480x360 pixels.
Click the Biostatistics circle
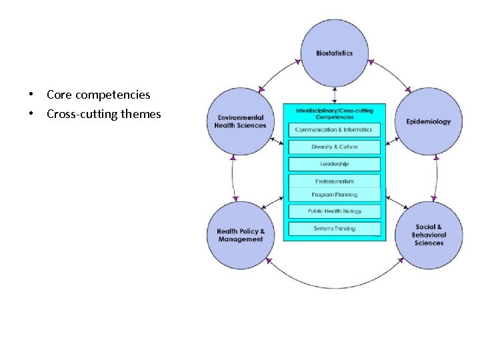[335, 53]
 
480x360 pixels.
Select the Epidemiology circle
[429, 121]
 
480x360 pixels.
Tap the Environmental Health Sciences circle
[241, 121]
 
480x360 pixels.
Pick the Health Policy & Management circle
[241, 235]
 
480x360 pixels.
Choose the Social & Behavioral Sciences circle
[429, 235]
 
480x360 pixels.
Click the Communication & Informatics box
[334, 129]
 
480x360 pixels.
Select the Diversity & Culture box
[334, 147]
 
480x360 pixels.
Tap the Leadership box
[334, 164]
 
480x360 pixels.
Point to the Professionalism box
[334, 181]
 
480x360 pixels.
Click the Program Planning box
[334, 195]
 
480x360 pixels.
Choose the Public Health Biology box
[334, 211]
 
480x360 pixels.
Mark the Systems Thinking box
[334, 229]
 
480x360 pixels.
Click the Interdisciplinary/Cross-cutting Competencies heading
[334, 113]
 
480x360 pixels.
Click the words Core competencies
[98, 95]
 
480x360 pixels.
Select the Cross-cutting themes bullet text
[103, 114]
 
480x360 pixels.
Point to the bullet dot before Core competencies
[31, 95]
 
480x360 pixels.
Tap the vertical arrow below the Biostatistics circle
[335, 95]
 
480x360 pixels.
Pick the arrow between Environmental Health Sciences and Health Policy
[233, 178]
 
